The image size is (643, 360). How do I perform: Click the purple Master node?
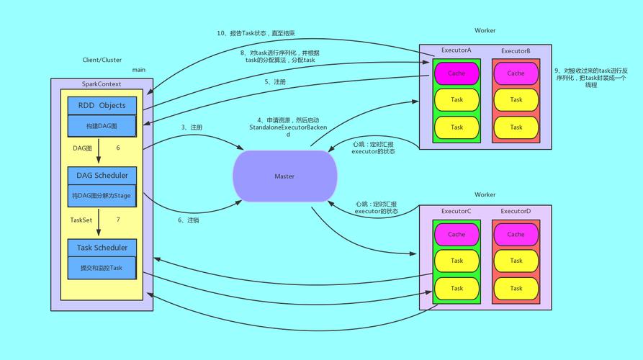pyautogui.click(x=284, y=176)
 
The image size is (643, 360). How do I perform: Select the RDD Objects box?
pyautogui.click(x=102, y=105)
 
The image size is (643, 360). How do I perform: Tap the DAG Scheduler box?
pyautogui.click(x=102, y=175)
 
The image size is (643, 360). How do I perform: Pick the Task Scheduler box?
pyautogui.click(x=102, y=248)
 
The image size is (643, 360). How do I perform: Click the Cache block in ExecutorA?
pyautogui.click(x=457, y=73)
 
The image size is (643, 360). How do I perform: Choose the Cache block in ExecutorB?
pyautogui.click(x=516, y=73)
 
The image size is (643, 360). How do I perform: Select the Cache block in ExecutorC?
pyautogui.click(x=457, y=234)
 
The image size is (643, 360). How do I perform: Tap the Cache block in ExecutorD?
pyautogui.click(x=516, y=234)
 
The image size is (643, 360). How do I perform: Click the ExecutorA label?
pyautogui.click(x=457, y=51)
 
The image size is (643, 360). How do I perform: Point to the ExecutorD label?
pyautogui.click(x=516, y=211)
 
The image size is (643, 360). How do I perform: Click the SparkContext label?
pyautogui.click(x=102, y=84)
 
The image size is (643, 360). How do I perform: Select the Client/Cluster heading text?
pyautogui.click(x=102, y=60)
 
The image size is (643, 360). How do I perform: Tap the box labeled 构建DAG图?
pyautogui.click(x=102, y=126)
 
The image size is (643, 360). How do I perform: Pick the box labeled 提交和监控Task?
pyautogui.click(x=102, y=268)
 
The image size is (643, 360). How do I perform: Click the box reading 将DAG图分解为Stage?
pyautogui.click(x=102, y=195)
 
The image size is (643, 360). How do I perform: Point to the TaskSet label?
pyautogui.click(x=81, y=220)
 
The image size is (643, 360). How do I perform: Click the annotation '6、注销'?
pyautogui.click(x=188, y=220)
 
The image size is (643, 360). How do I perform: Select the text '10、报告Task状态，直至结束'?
pyautogui.click(x=256, y=33)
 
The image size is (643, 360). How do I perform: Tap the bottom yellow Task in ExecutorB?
pyautogui.click(x=516, y=127)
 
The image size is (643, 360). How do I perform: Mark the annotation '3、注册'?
pyautogui.click(x=192, y=127)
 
